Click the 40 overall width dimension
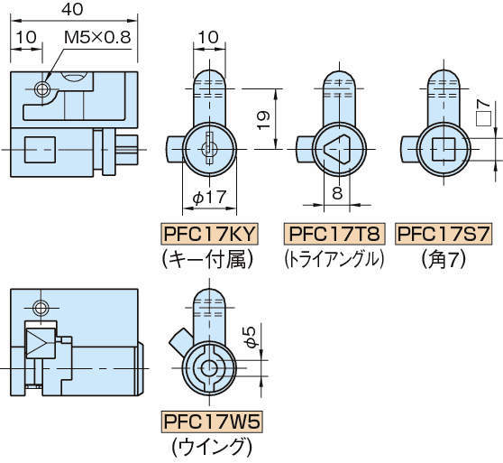coord(72,9)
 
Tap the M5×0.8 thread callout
coord(97,38)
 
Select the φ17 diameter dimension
coord(209,197)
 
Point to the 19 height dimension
coord(264,119)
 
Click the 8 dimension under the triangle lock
coord(337,193)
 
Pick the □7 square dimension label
coord(483,113)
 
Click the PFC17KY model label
coord(209,234)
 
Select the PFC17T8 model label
coord(334,234)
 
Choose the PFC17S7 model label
coord(444,234)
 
